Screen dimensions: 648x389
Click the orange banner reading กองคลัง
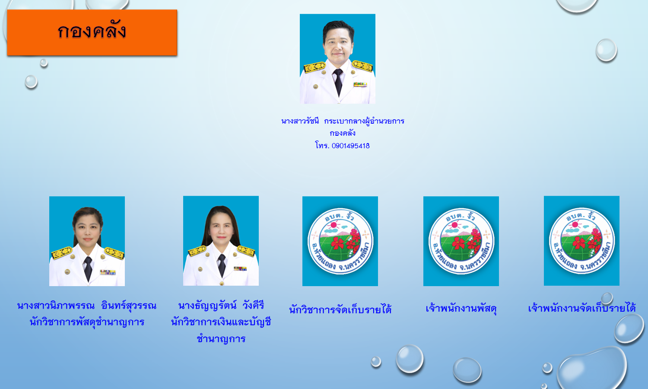click(x=92, y=32)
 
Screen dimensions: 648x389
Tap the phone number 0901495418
click(x=351, y=146)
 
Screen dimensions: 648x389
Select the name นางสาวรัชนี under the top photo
click(x=300, y=121)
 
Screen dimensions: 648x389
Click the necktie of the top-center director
click(x=338, y=82)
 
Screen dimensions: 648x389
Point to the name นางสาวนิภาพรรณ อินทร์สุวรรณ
click(x=87, y=306)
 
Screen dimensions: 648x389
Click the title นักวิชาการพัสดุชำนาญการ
click(x=87, y=322)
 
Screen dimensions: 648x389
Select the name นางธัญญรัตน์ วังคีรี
click(x=221, y=305)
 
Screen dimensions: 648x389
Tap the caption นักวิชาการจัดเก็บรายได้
click(x=340, y=309)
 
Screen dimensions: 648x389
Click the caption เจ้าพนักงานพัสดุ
click(x=461, y=309)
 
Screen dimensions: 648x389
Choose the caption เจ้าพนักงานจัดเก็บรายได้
click(x=582, y=308)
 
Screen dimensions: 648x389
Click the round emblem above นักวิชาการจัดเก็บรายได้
click(x=340, y=241)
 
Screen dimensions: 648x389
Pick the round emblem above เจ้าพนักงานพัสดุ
click(x=461, y=241)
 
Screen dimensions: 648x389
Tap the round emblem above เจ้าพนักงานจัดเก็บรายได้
click(x=582, y=240)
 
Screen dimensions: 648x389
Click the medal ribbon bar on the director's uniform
click(x=360, y=85)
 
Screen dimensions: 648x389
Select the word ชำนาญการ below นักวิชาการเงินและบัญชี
click(x=221, y=338)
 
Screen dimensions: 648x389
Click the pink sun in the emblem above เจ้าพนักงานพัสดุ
click(x=454, y=225)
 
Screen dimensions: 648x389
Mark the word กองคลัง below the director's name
click(x=343, y=134)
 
